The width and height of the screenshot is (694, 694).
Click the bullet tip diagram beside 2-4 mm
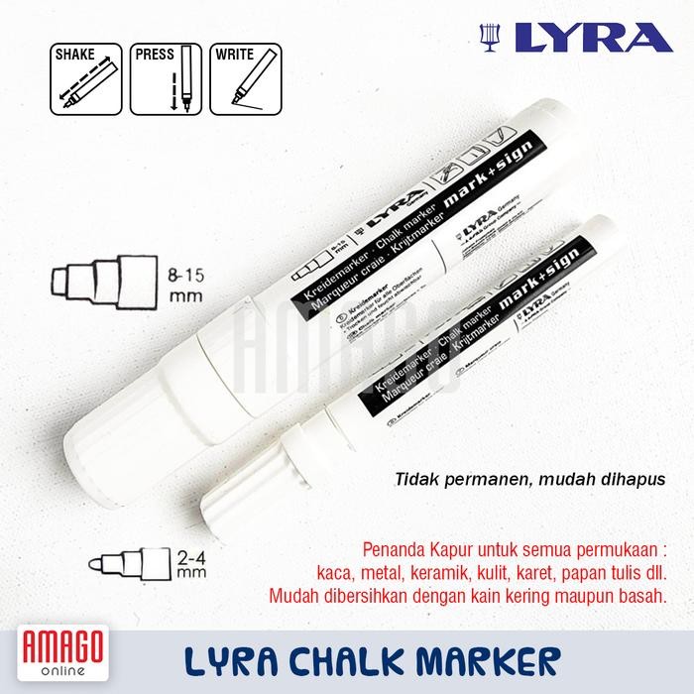(129, 564)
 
